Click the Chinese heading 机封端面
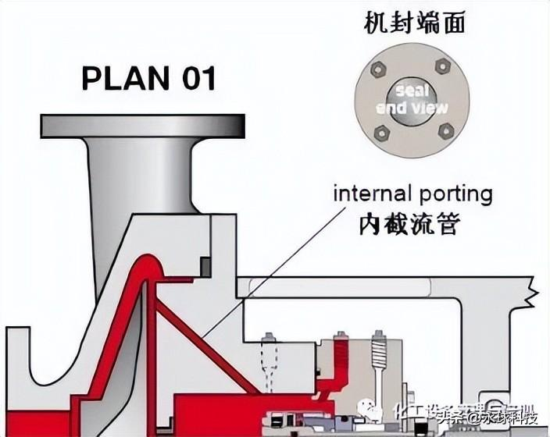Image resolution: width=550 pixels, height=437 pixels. tap(414, 24)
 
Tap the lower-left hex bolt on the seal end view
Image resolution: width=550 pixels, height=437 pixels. tap(381, 133)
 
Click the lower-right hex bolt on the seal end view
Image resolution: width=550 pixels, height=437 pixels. tap(446, 129)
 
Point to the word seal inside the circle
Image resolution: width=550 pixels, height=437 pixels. tap(412, 90)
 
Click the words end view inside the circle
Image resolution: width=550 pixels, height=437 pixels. tap(412, 108)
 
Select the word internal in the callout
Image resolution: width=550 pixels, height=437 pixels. tap(372, 194)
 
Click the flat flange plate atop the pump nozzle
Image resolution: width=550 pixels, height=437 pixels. tap(143, 126)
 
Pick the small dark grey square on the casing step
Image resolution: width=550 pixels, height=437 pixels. tap(205, 267)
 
